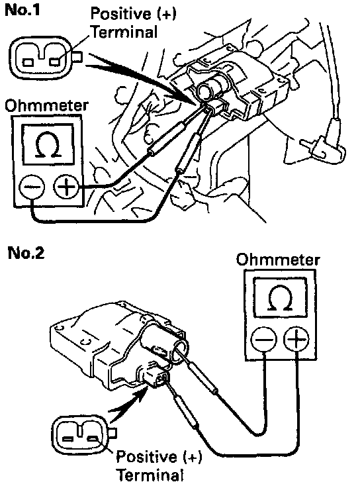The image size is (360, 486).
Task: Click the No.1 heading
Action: [22, 10]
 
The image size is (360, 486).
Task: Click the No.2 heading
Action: [26, 253]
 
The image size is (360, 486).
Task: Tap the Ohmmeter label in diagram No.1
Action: [46, 106]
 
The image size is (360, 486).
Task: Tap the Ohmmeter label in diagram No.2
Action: [277, 260]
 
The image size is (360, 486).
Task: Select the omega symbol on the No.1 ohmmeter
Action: [48, 144]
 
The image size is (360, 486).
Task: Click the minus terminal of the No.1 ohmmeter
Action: [32, 187]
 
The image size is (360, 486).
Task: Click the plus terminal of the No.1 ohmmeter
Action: [66, 187]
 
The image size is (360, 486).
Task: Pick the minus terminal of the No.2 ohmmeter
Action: [263, 339]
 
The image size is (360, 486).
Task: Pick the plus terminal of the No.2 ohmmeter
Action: [296, 339]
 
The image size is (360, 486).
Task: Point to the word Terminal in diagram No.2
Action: [151, 475]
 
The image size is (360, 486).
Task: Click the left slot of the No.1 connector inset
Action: [28, 62]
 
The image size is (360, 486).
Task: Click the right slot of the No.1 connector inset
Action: [55, 62]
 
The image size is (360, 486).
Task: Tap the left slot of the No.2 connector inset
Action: [68, 439]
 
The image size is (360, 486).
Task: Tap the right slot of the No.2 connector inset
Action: [93, 438]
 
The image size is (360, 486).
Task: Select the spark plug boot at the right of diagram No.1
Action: [324, 142]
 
